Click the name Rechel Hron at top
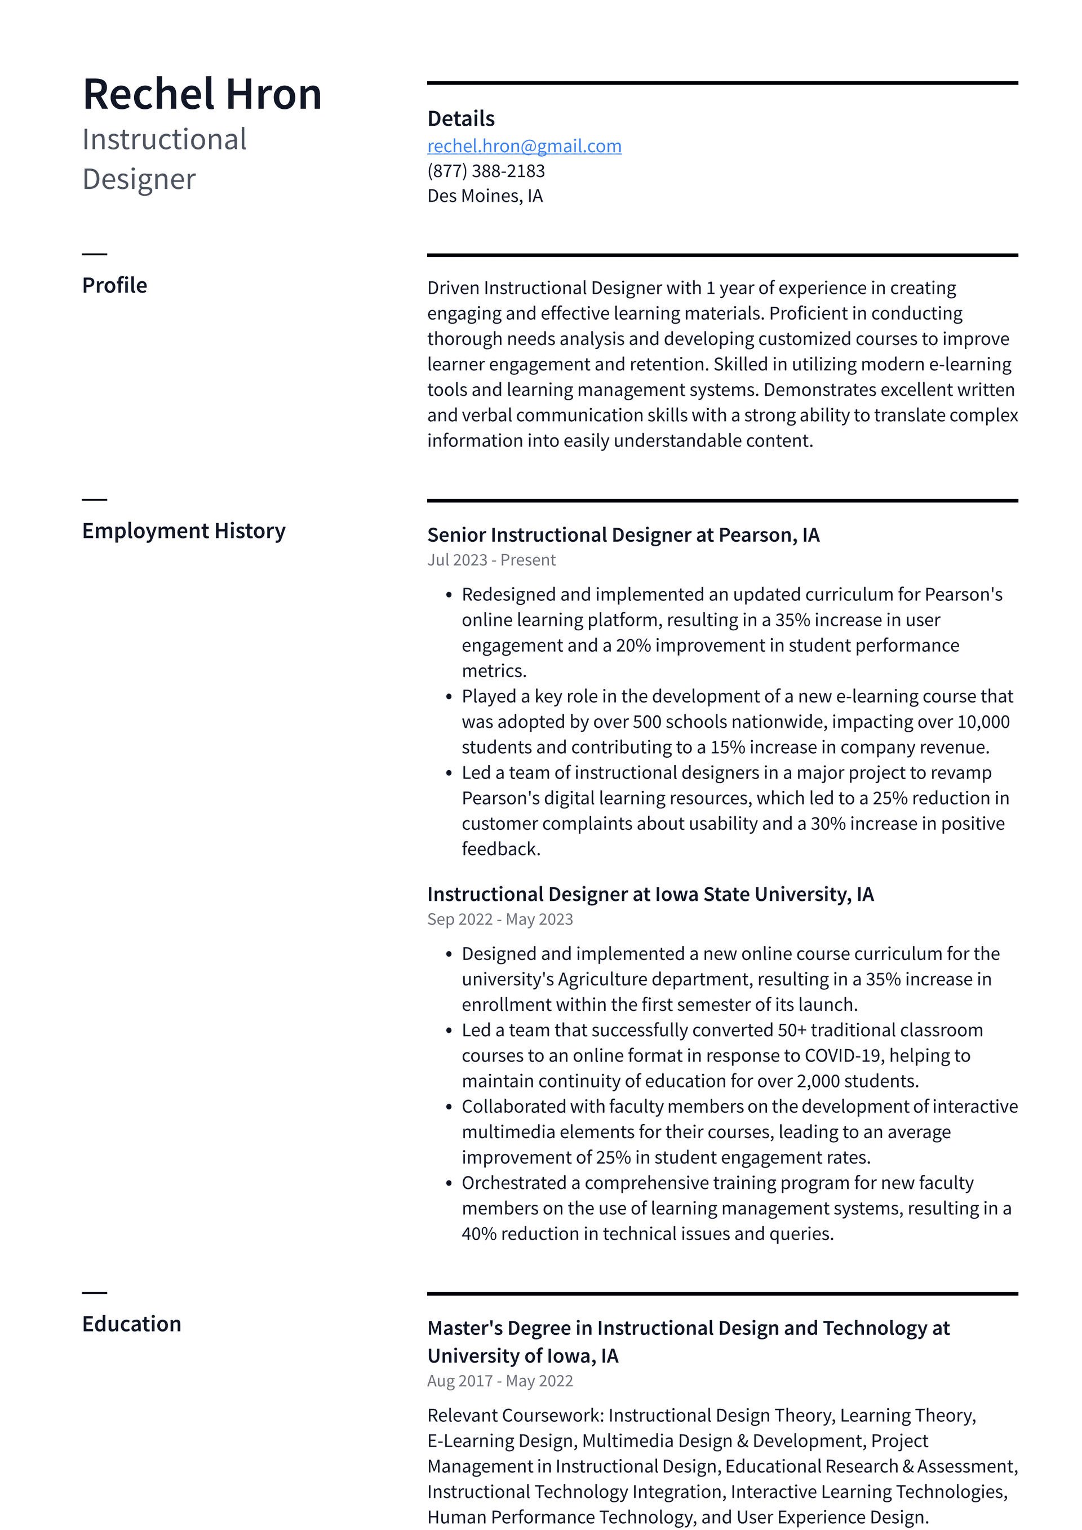[x=202, y=94]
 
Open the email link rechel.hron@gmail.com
[x=524, y=146]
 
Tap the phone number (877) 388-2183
[x=486, y=171]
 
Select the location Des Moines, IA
[x=485, y=196]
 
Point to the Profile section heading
[x=114, y=285]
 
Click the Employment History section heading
[x=183, y=530]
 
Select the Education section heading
[x=131, y=1324]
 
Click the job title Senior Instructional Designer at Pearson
[x=622, y=535]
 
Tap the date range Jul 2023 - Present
[x=491, y=560]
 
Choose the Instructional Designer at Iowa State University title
[x=650, y=894]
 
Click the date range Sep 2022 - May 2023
[x=500, y=919]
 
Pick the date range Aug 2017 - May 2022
[x=500, y=1381]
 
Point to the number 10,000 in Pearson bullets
[x=983, y=722]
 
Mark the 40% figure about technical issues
[x=478, y=1234]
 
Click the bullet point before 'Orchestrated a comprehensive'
[x=449, y=1183]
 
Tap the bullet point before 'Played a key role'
[x=449, y=697]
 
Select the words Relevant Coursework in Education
[x=515, y=1416]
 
